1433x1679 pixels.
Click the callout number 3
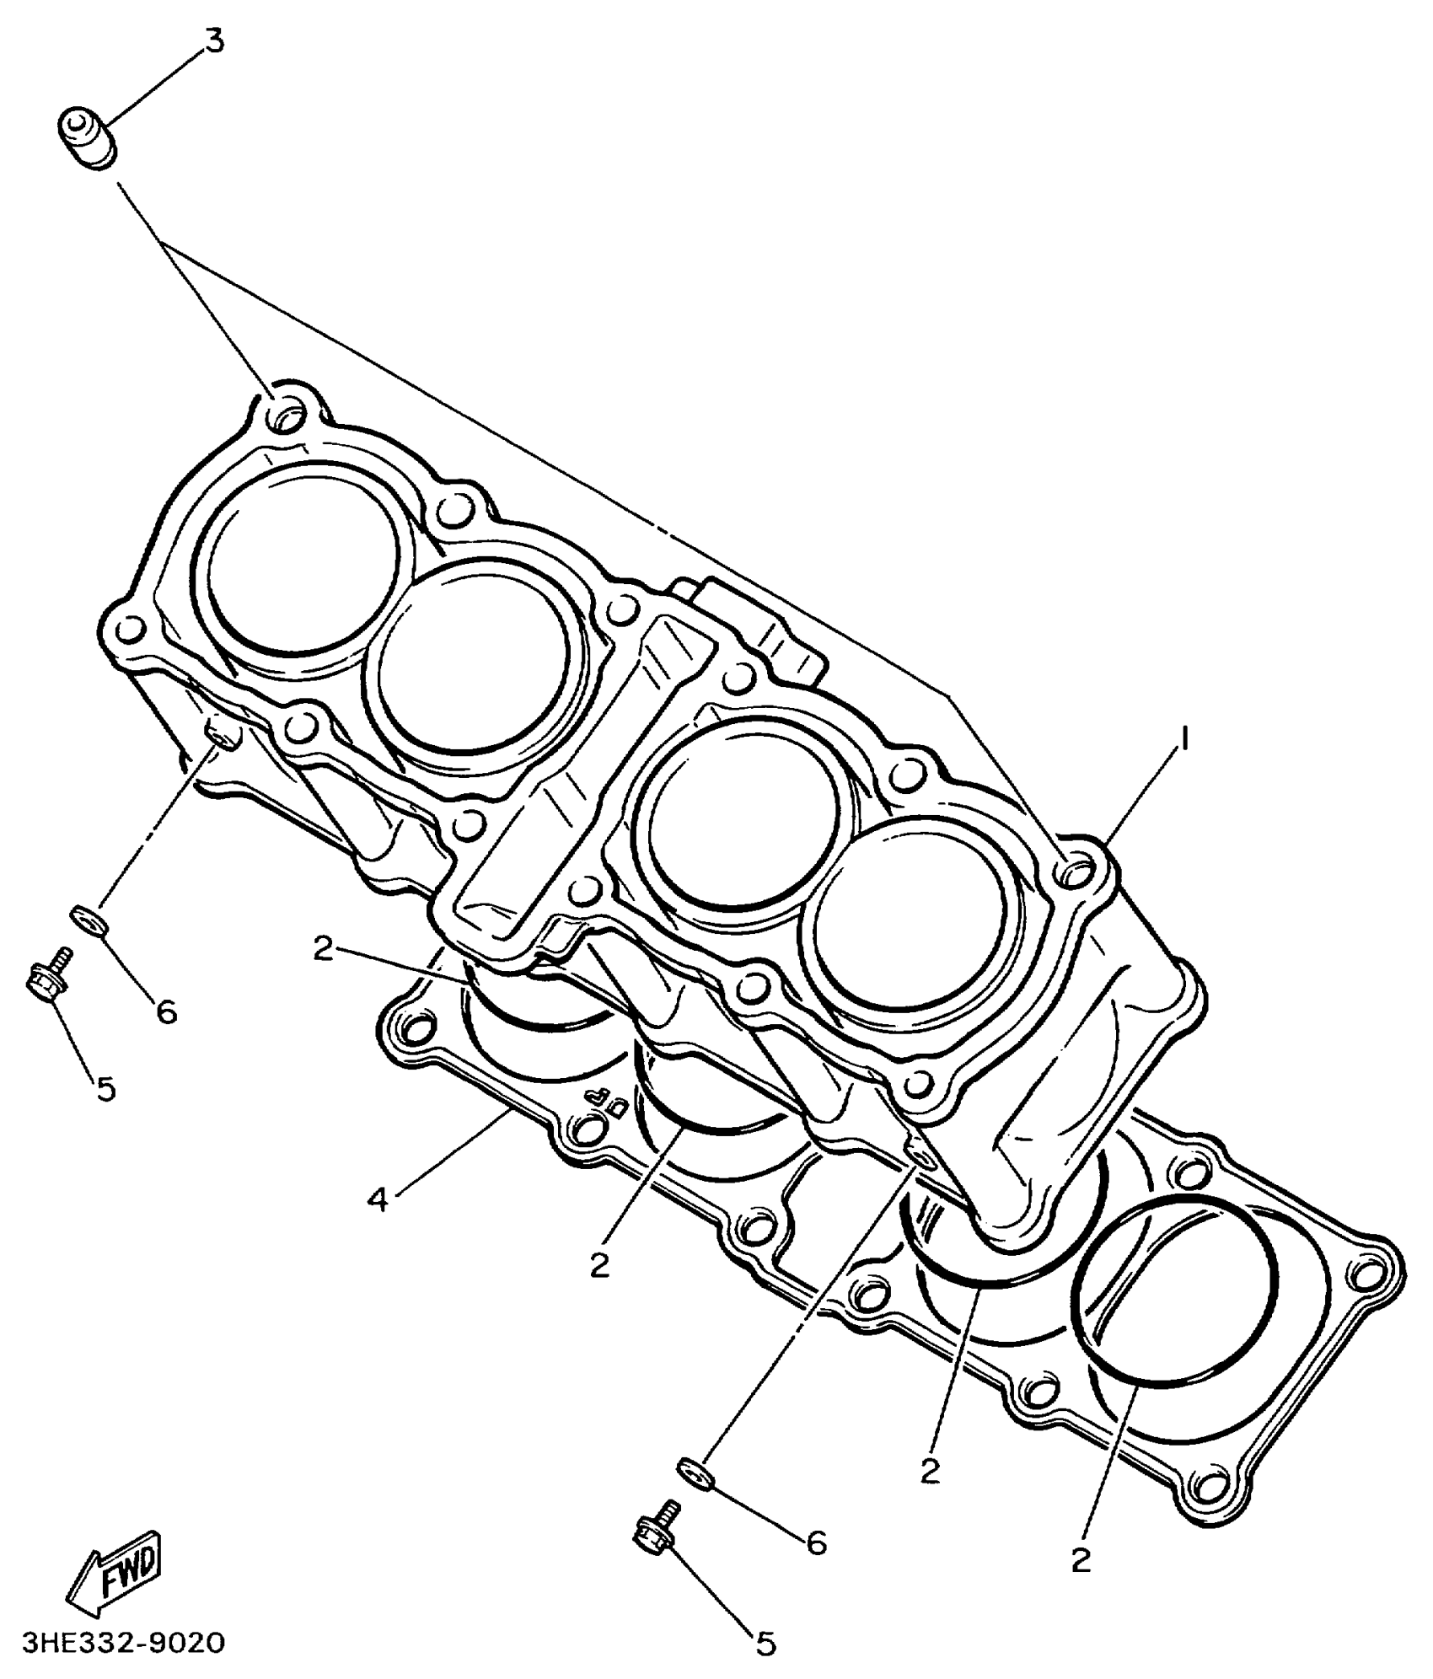pos(215,40)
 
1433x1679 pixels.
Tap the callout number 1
pos(1184,739)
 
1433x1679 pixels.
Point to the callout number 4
pos(378,1199)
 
